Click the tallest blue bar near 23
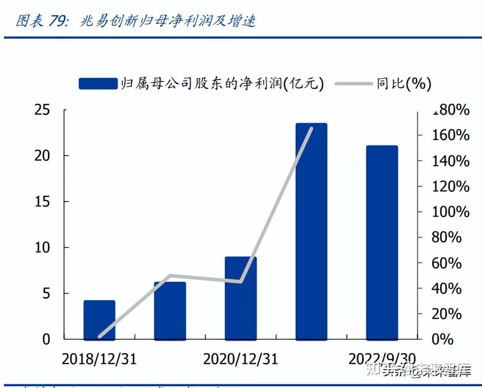311,232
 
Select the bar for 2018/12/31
99,320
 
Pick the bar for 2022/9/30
382,242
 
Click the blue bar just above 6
170,310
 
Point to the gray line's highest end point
312,128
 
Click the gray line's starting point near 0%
99,337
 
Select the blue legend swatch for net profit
98,84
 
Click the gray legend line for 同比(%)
354,84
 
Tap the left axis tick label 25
42,110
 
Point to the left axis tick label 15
42,202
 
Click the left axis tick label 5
47,293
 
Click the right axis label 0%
442,339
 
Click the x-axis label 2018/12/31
99,359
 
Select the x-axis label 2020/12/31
240,359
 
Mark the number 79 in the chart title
57,21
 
